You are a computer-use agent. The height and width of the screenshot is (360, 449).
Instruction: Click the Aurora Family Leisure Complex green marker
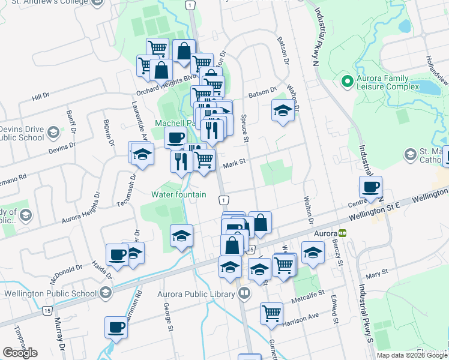pyautogui.click(x=346, y=80)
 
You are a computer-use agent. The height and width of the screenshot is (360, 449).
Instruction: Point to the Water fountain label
pyautogui.click(x=179, y=194)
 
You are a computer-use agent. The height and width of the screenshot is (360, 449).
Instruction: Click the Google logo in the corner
pyautogui.click(x=20, y=353)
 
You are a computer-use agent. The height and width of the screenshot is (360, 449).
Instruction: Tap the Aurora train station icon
pyautogui.click(x=342, y=233)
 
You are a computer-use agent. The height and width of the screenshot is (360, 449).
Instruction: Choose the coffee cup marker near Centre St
pyautogui.click(x=370, y=187)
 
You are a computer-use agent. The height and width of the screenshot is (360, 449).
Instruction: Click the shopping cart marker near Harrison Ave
pyautogui.click(x=272, y=313)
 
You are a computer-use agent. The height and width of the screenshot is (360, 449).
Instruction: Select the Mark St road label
pyautogui.click(x=235, y=162)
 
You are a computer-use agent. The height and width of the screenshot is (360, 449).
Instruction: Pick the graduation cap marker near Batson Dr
pyautogui.click(x=282, y=110)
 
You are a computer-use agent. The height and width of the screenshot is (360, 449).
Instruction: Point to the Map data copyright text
pyautogui.click(x=412, y=355)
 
